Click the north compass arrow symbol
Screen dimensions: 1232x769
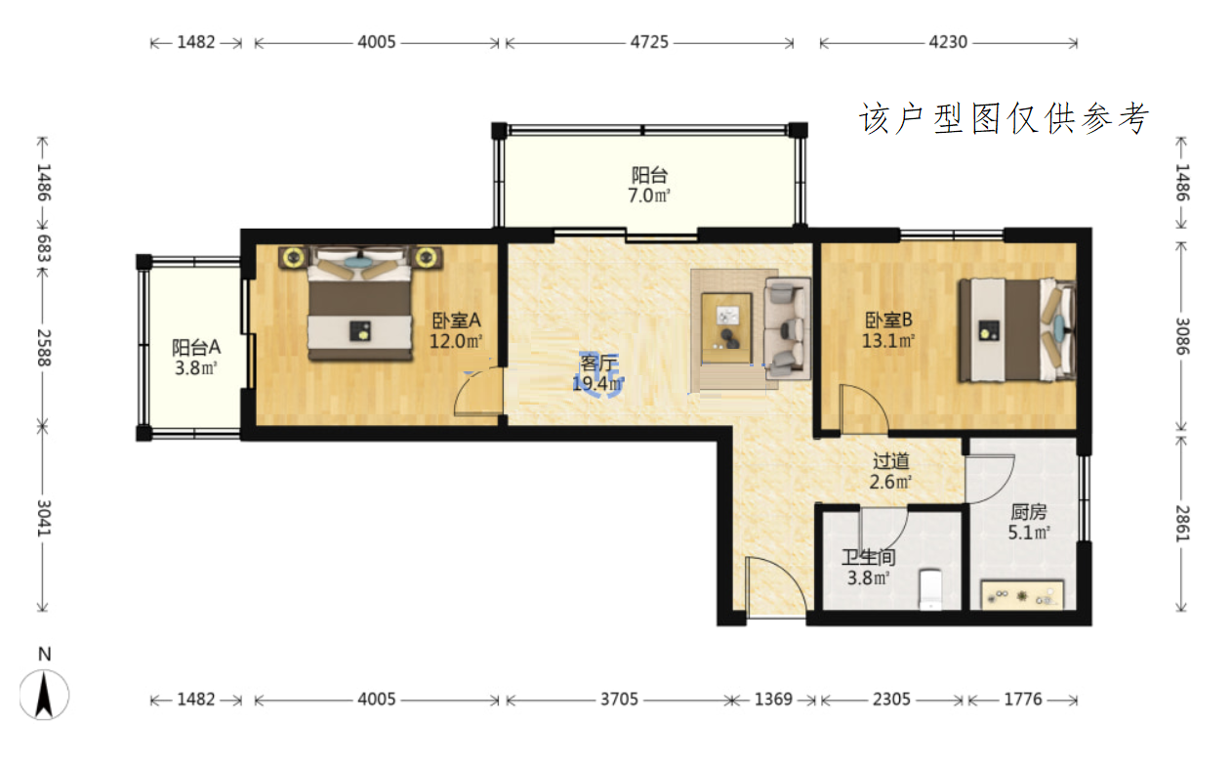pos(44,696)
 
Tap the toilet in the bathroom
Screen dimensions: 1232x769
pos(930,589)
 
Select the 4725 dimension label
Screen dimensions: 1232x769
pos(649,42)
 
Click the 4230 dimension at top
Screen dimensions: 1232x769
pos(948,42)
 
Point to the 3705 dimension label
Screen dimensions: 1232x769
pos(619,700)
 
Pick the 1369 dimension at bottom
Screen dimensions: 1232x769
pos(773,700)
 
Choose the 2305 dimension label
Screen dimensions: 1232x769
pos(891,700)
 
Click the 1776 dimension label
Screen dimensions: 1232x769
pos(1023,700)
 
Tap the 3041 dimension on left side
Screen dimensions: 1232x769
pos(44,519)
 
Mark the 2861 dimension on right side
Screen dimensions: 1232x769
pos(1182,524)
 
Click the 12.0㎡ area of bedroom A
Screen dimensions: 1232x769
pos(456,341)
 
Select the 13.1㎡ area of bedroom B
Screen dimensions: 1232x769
pos(888,341)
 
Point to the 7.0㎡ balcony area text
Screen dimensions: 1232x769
pos(649,195)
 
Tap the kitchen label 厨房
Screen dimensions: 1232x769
pos(1029,512)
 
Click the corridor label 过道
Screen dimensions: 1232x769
pos(891,461)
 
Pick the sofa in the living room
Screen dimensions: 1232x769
pos(787,328)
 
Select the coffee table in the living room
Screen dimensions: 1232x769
pos(726,328)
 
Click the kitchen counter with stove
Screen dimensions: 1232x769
pos(1022,594)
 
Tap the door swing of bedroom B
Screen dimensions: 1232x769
pos(864,408)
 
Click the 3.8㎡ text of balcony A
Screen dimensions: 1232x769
pos(196,367)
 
